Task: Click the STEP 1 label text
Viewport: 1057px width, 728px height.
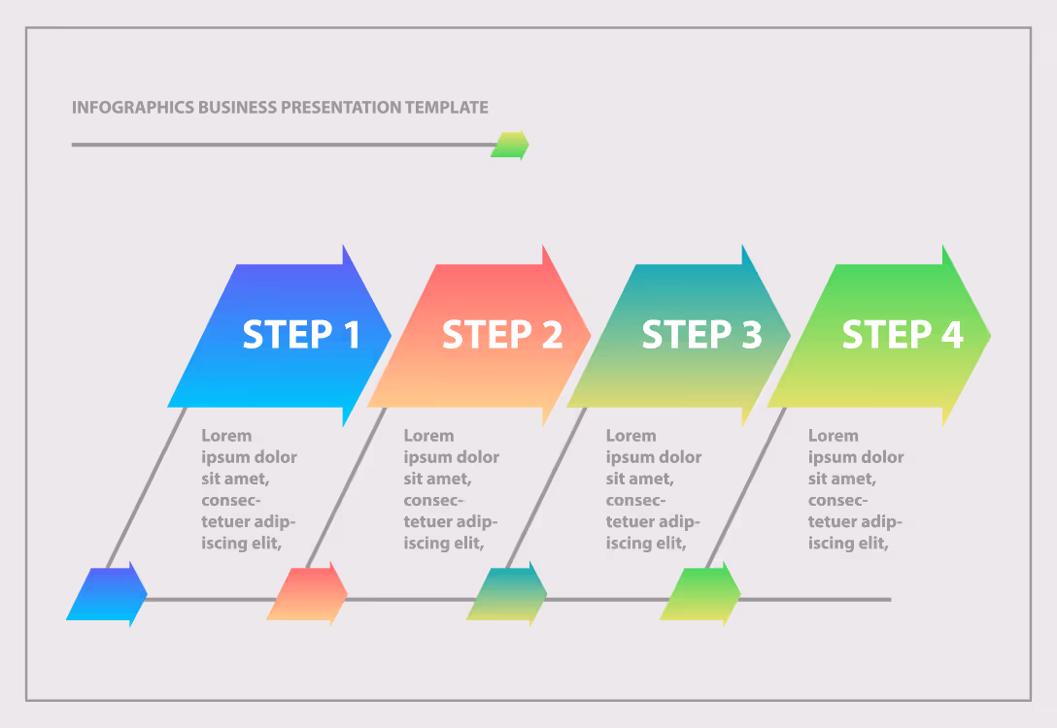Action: pyautogui.click(x=301, y=335)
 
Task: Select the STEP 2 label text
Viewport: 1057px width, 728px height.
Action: pyautogui.click(x=502, y=335)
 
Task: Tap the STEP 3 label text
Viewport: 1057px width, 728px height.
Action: pyautogui.click(x=701, y=335)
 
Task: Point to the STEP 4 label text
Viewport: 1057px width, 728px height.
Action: pyautogui.click(x=903, y=335)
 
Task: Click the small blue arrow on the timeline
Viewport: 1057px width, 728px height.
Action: pyautogui.click(x=107, y=594)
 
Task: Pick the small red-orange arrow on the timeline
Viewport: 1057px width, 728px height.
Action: pyautogui.click(x=307, y=594)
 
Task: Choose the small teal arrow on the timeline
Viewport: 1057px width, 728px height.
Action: pyautogui.click(x=507, y=594)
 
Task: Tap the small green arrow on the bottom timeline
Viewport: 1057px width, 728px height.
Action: pyautogui.click(x=700, y=594)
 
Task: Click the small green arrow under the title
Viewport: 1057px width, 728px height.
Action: pyautogui.click(x=510, y=145)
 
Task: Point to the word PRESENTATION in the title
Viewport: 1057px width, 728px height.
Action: pyautogui.click(x=341, y=108)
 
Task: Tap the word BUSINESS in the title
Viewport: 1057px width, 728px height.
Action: pyautogui.click(x=237, y=108)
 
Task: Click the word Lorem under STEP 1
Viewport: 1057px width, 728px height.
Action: pyautogui.click(x=226, y=436)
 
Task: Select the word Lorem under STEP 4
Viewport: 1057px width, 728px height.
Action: pyautogui.click(x=834, y=436)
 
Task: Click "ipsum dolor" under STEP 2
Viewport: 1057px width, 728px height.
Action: pyautogui.click(x=451, y=457)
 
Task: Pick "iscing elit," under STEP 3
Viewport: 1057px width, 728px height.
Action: pyautogui.click(x=646, y=543)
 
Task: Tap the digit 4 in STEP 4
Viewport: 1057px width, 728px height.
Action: pyautogui.click(x=952, y=335)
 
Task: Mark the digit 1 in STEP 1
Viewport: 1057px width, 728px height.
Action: pyautogui.click(x=352, y=335)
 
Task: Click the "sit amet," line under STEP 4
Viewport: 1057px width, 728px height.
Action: pyautogui.click(x=842, y=479)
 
